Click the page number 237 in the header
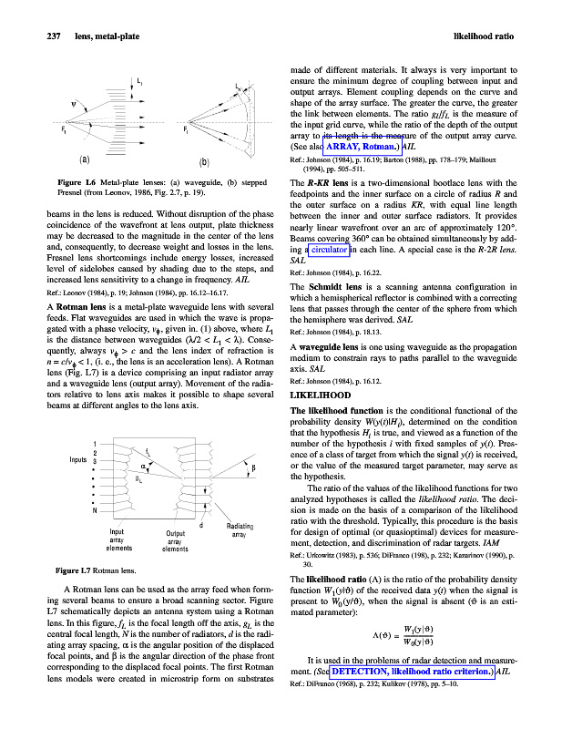[x=32, y=36]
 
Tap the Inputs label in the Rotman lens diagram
[x=82, y=457]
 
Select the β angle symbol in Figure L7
[x=252, y=467]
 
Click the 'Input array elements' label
[x=120, y=539]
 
